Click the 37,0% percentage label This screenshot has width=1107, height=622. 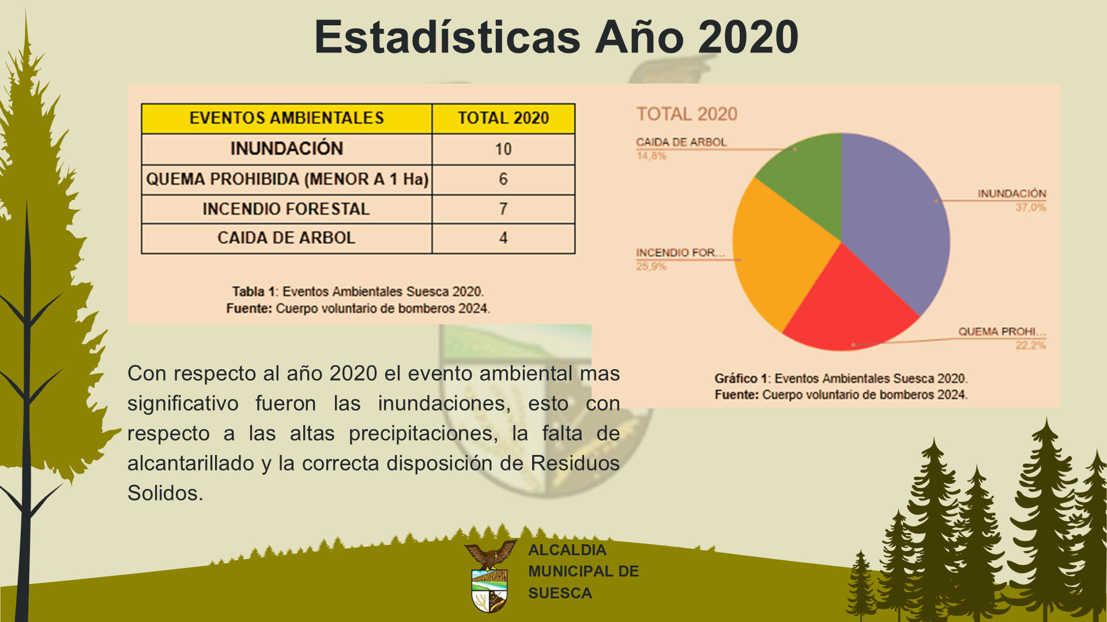coord(1030,207)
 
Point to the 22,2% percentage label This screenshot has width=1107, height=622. coord(1030,346)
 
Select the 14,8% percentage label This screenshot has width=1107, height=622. coord(652,155)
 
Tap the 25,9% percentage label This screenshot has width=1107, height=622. coord(652,266)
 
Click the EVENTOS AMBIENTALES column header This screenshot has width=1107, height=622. coord(287,118)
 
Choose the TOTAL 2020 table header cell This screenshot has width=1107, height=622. coord(503,118)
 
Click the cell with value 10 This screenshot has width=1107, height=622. coord(503,149)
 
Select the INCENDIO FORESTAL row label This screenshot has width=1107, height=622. coord(287,209)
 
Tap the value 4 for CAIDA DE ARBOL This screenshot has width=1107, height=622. coord(503,238)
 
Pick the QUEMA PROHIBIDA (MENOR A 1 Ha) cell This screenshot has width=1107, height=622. coord(287,179)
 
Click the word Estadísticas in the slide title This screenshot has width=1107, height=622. coord(447,37)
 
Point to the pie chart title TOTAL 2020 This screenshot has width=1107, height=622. coord(687,114)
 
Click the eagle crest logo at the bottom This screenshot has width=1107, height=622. coord(490,576)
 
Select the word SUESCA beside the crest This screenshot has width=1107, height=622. coord(560,593)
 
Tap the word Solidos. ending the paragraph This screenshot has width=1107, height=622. coord(165,493)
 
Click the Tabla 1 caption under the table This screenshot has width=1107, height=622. coord(358,291)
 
